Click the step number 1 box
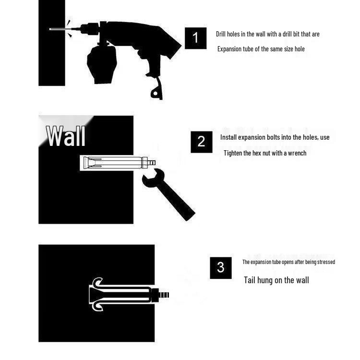pyautogui.click(x=196, y=38)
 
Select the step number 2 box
pyautogui.click(x=201, y=142)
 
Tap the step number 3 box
pyautogui.click(x=221, y=268)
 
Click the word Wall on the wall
pyautogui.click(x=66, y=136)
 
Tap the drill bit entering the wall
pyautogui.click(x=61, y=29)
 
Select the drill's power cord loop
pyautogui.click(x=156, y=91)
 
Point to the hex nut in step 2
pyautogui.click(x=144, y=163)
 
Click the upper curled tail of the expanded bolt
pyautogui.click(x=97, y=282)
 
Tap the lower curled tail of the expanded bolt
pyautogui.click(x=97, y=307)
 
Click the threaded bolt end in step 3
pyautogui.click(x=164, y=295)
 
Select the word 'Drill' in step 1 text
pyautogui.click(x=221, y=34)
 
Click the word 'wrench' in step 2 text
pyautogui.click(x=297, y=153)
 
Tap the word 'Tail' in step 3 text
pyautogui.click(x=249, y=280)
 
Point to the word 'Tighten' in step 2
pyautogui.click(x=232, y=153)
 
